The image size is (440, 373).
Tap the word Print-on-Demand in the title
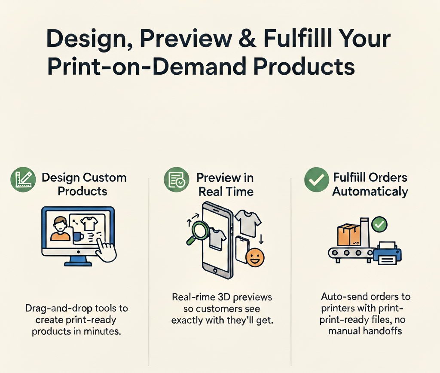(x=147, y=67)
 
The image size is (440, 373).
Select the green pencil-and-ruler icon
(x=23, y=180)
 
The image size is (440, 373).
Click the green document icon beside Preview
(x=177, y=180)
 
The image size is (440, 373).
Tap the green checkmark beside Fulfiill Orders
(x=317, y=180)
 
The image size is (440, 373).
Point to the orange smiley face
(x=255, y=257)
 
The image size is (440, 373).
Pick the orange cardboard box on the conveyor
(x=349, y=235)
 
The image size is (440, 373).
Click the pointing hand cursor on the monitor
(x=106, y=251)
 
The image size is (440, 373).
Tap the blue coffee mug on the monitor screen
(x=78, y=237)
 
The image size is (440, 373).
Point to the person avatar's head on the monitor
(x=61, y=223)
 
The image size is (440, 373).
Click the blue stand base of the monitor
(x=78, y=263)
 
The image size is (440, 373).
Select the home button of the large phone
(x=215, y=271)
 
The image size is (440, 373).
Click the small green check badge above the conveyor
(x=379, y=224)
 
